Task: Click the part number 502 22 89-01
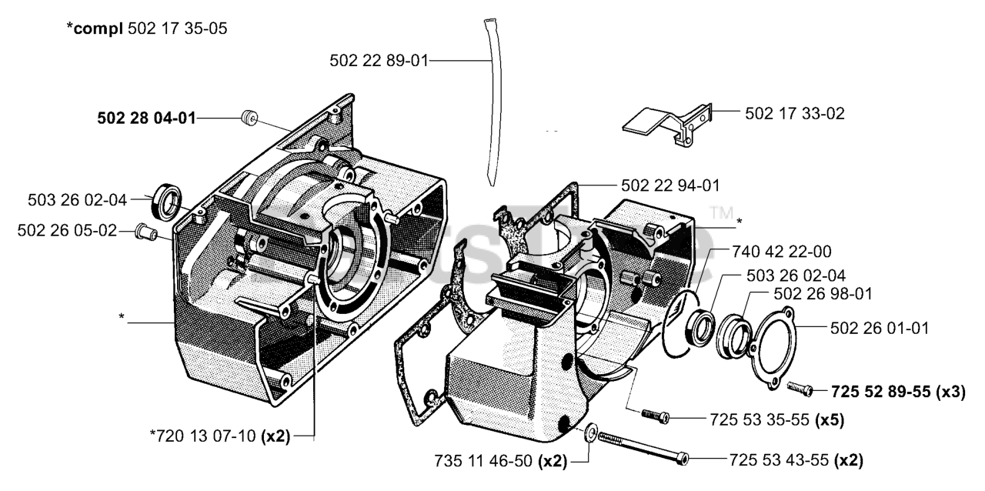pos(379,59)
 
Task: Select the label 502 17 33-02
pos(795,113)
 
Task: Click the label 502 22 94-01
pos(670,185)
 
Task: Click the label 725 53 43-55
pos(779,460)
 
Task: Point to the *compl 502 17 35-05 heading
pos(145,28)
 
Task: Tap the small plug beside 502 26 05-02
pos(145,229)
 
